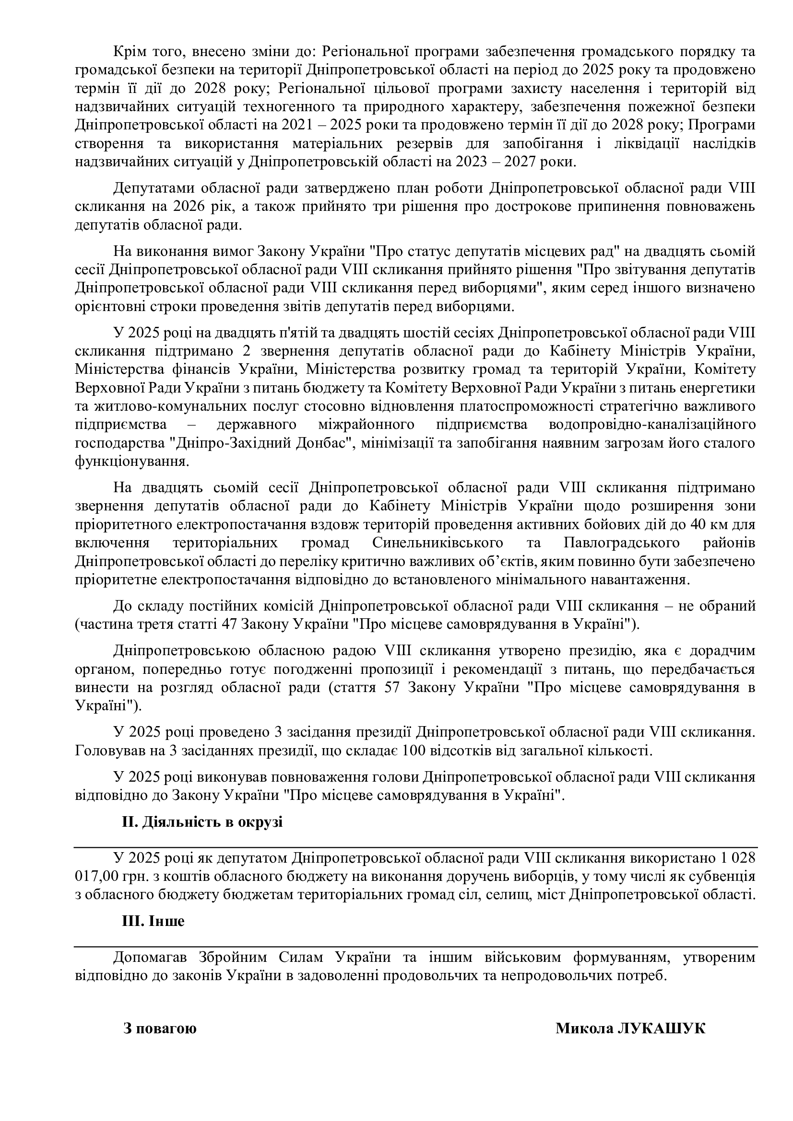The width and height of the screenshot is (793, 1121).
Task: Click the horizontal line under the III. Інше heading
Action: (415, 947)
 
